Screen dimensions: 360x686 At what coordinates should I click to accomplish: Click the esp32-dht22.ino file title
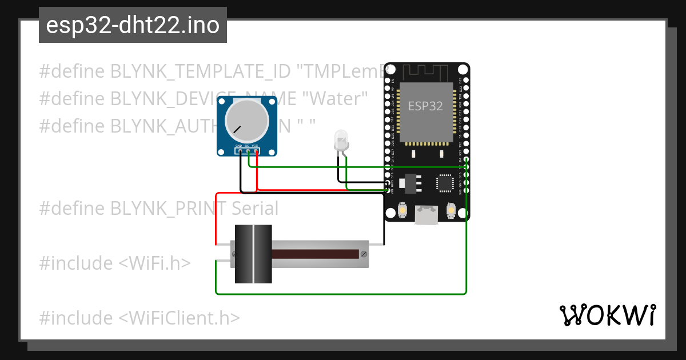133,26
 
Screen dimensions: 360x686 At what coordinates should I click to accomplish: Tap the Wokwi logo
607,315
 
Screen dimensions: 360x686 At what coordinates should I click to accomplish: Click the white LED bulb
341,140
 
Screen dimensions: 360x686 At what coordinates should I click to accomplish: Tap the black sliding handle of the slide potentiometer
253,254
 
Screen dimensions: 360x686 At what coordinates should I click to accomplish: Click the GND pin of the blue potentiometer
238,151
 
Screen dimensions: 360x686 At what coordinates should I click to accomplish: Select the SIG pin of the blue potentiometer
247,151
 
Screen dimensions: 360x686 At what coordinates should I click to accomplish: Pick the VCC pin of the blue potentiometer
256,151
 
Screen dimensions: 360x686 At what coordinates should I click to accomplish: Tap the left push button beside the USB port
402,211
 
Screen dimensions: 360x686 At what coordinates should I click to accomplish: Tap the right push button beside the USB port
450,211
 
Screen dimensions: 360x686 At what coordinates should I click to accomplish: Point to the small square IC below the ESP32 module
444,183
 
